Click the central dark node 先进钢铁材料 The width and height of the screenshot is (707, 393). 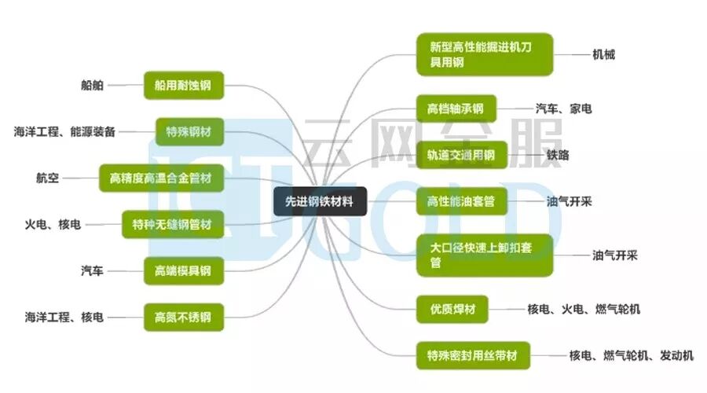click(x=319, y=202)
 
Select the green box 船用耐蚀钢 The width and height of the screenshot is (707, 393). click(x=183, y=85)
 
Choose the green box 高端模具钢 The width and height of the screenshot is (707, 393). click(x=183, y=272)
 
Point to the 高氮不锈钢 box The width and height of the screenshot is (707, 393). click(x=183, y=318)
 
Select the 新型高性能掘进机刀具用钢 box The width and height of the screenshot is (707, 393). click(x=484, y=54)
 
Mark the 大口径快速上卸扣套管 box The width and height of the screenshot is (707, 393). click(x=484, y=255)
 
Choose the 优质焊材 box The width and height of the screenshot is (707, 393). click(x=452, y=309)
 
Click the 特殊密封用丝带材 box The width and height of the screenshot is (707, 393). click(x=473, y=356)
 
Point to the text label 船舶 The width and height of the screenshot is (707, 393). click(x=92, y=85)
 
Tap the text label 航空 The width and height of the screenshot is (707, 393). click(x=47, y=178)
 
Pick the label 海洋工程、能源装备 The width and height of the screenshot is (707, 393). click(x=64, y=131)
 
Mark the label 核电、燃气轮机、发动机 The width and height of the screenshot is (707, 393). click(x=631, y=356)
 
